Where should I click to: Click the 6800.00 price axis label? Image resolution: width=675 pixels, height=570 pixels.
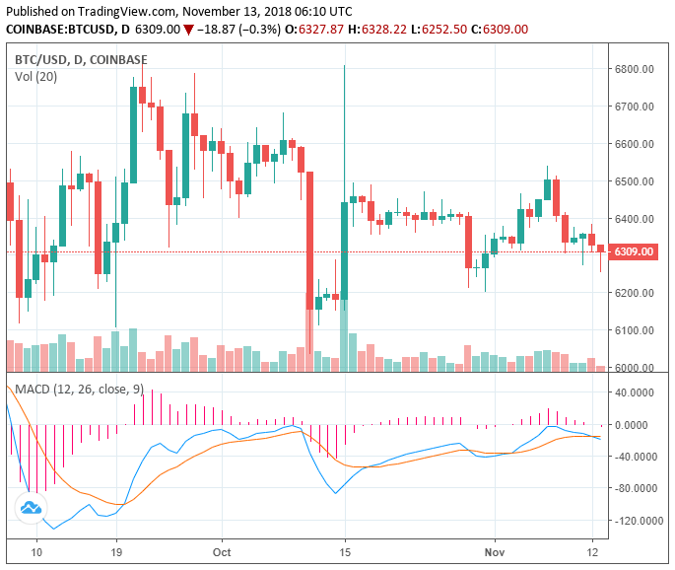(x=636, y=69)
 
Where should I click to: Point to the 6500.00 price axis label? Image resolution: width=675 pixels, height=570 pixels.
(x=636, y=181)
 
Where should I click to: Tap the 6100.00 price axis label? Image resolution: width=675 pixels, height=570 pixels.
(x=636, y=330)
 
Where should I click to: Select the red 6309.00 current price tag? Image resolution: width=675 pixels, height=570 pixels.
(x=634, y=252)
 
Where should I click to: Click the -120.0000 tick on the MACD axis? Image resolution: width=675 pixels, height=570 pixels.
(x=639, y=520)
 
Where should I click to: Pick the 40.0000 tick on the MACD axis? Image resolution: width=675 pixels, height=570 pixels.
(x=639, y=392)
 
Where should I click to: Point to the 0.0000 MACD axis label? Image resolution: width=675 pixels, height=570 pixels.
(x=639, y=425)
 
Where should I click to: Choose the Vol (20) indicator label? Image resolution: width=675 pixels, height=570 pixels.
(x=35, y=76)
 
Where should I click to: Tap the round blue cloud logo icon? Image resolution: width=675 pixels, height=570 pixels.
(x=31, y=508)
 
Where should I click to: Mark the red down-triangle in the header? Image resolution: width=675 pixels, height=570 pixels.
(x=188, y=29)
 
